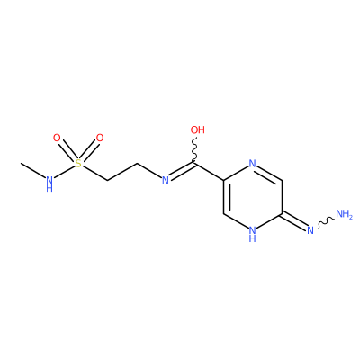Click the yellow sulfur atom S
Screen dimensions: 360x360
tap(78, 164)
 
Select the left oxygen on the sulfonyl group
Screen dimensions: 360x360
tap(57, 139)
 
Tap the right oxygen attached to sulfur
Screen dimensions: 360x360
tap(100, 139)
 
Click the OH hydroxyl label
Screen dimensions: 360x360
tap(198, 130)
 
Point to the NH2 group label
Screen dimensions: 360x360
tap(344, 214)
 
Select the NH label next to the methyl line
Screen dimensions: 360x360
tap(49, 184)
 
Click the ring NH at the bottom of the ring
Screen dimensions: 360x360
tap(253, 234)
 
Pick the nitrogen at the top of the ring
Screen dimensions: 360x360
tap(253, 164)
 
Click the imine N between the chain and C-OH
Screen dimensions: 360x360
tap(166, 180)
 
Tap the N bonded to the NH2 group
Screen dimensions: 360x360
tap(310, 230)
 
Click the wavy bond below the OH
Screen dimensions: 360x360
tap(194, 151)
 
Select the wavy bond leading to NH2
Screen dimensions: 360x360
tap(326, 222)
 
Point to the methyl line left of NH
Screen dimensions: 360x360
tap(33, 170)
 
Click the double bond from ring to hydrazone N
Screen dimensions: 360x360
tap(294, 220)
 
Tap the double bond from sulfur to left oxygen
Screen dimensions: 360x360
tap(67, 151)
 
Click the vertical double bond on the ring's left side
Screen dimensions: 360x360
tap(226, 197)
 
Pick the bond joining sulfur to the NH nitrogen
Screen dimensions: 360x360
tap(65, 171)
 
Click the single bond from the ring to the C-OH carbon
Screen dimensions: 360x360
tap(210, 172)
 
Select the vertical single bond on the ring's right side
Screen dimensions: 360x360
tap(282, 197)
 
